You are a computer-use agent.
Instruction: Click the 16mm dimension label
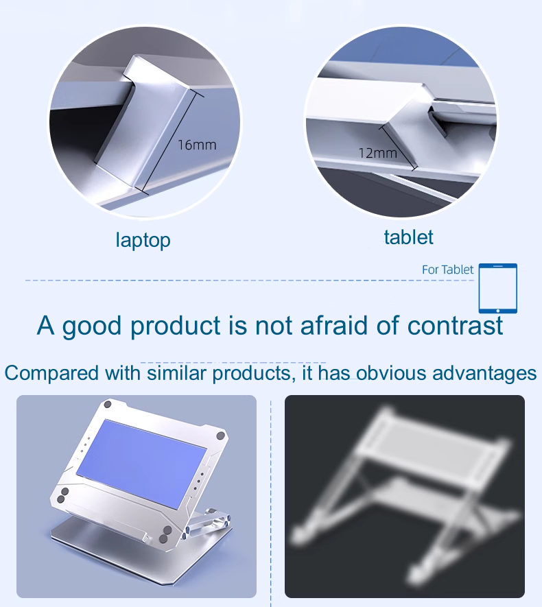(197, 145)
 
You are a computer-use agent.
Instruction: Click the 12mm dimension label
(378, 153)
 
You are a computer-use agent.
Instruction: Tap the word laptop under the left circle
(143, 241)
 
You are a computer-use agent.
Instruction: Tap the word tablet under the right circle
(408, 237)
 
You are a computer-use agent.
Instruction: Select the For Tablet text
(447, 270)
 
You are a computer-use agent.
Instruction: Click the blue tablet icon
(498, 288)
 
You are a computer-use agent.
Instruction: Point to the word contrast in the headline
(455, 326)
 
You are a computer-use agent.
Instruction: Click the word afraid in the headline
(333, 325)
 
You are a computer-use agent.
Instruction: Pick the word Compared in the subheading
(51, 373)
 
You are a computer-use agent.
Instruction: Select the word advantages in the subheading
(484, 373)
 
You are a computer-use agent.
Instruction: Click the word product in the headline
(176, 326)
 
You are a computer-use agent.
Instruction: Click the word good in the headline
(92, 326)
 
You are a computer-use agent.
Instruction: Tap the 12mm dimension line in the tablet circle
(398, 147)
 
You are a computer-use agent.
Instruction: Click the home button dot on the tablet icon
(498, 311)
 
